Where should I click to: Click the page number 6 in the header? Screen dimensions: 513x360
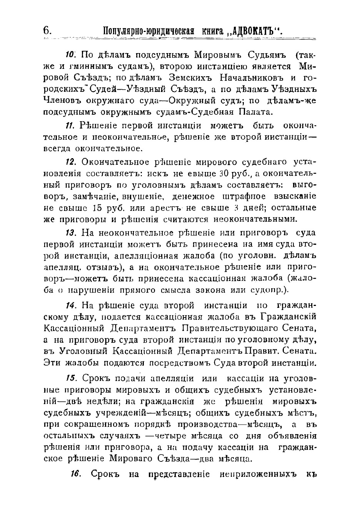(46, 30)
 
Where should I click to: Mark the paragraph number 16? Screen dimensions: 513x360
(75, 473)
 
